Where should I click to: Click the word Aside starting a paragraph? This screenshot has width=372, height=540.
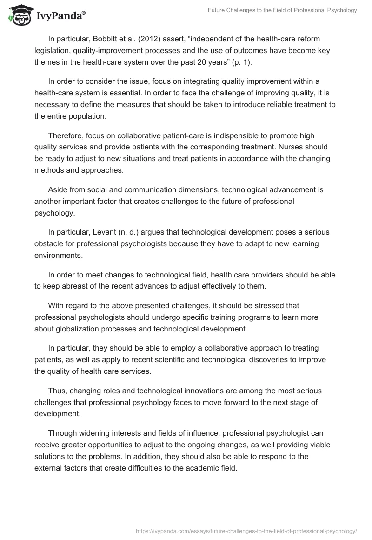pyautogui.click(x=58, y=190)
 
